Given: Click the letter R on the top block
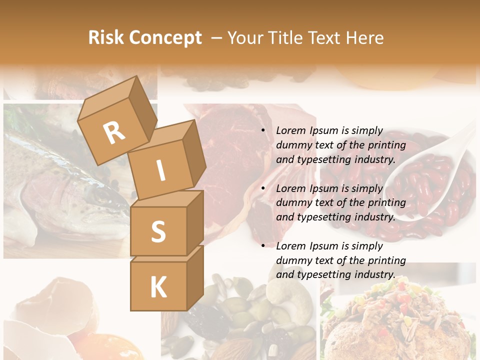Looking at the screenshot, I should coord(114,133).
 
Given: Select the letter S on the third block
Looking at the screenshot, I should coord(158,231).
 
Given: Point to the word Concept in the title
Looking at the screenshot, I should coord(165,38).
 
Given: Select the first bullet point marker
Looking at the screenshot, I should coord(263,131).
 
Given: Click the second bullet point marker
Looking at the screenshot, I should coord(263,188).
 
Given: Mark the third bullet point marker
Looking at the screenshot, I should coord(263,246).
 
